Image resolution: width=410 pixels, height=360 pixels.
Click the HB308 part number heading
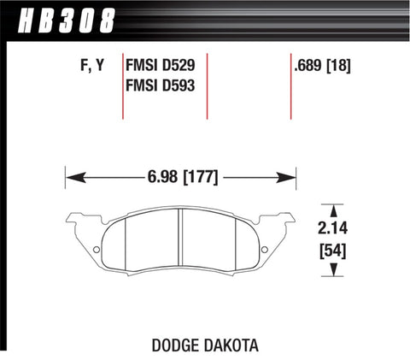click(x=58, y=18)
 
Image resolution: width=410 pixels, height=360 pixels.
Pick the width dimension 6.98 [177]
click(x=181, y=178)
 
